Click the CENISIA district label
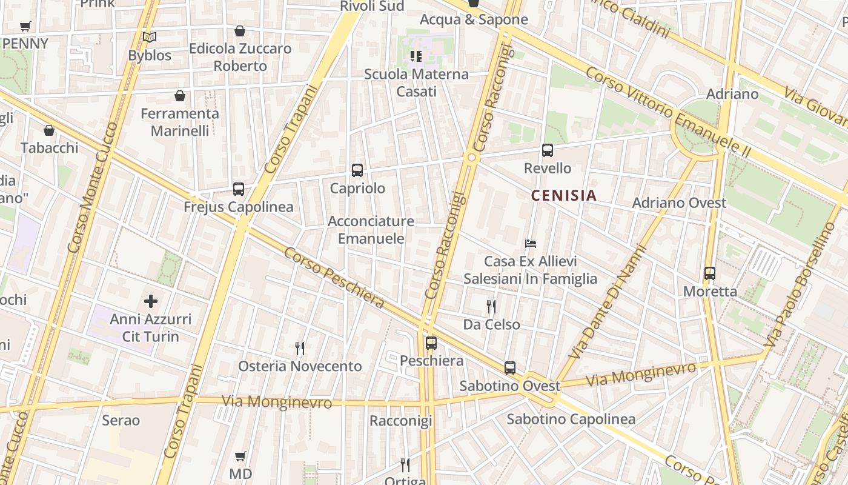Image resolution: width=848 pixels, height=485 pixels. (x=564, y=196)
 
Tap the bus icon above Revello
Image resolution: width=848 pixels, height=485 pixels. (x=548, y=150)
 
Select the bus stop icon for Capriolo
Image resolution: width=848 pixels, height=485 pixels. (x=357, y=170)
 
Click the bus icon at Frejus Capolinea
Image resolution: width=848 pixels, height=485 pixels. (x=239, y=189)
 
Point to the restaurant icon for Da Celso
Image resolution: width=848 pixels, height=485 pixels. (x=491, y=307)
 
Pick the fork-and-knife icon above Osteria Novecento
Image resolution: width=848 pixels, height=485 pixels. (x=300, y=348)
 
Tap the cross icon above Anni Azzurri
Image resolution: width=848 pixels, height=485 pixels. (x=151, y=301)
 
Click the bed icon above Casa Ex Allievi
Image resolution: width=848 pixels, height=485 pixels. (x=531, y=244)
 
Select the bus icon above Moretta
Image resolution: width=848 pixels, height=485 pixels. (x=710, y=273)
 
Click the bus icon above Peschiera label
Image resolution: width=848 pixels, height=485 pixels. (x=431, y=343)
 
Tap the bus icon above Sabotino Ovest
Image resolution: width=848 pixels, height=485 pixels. (x=510, y=368)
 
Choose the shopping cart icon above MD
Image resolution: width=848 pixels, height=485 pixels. (x=240, y=456)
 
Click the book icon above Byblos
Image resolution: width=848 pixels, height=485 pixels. (x=150, y=37)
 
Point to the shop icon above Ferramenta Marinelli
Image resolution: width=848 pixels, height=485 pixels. (x=180, y=96)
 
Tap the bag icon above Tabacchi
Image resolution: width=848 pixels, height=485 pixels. (x=49, y=130)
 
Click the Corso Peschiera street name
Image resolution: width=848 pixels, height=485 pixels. (x=334, y=277)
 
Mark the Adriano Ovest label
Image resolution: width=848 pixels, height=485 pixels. (x=679, y=203)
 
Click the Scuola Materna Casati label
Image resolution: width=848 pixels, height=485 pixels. (x=416, y=82)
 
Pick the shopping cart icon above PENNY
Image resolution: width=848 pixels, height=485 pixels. (x=25, y=27)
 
